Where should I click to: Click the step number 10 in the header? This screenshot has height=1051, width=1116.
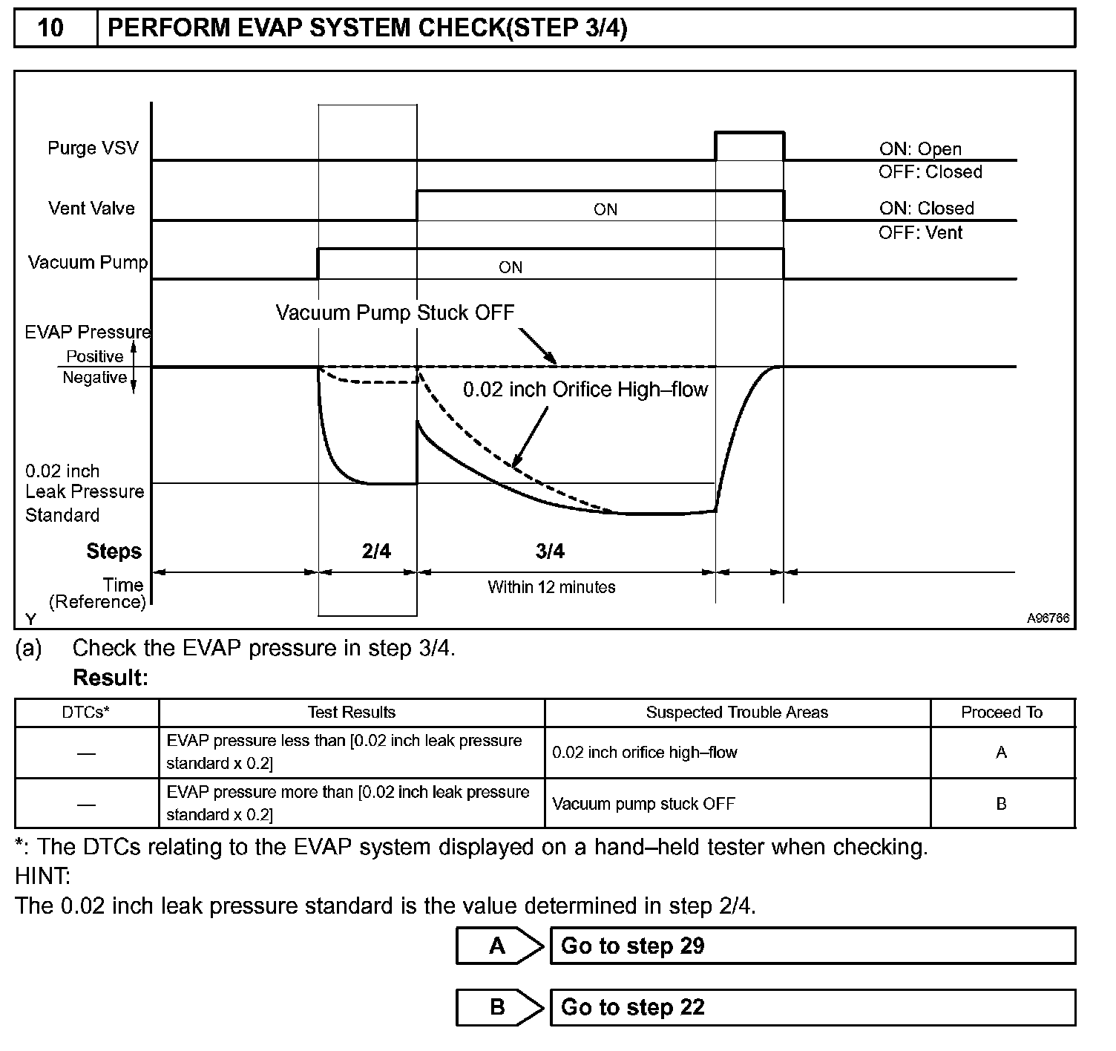[50, 28]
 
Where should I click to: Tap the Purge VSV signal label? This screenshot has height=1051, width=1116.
[93, 148]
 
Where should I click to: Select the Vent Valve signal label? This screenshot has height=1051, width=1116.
[91, 208]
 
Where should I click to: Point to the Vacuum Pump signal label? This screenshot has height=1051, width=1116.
[88, 262]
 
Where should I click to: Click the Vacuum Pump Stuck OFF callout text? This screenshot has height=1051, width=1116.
[395, 312]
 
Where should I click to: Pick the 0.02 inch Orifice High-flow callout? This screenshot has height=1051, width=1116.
[585, 390]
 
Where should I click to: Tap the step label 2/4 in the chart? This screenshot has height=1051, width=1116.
[376, 551]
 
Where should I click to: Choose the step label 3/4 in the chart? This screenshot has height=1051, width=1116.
[550, 551]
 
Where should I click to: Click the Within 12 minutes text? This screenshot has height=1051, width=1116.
[551, 587]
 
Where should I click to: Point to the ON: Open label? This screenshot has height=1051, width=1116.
[920, 149]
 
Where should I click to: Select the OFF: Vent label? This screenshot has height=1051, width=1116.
[920, 232]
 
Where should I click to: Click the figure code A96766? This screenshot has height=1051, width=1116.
[1048, 618]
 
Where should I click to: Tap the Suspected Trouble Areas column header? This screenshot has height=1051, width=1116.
[737, 713]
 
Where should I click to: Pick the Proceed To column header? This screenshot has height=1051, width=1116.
[1002, 713]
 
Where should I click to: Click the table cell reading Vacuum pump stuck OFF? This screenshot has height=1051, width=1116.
[643, 804]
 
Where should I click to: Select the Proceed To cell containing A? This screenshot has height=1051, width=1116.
[1001, 753]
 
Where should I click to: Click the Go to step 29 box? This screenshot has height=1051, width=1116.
[813, 946]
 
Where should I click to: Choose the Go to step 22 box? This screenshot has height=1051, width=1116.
[813, 1007]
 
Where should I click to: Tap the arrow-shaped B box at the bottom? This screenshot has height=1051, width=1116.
[499, 1007]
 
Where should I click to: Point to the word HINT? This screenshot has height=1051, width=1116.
[42, 877]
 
